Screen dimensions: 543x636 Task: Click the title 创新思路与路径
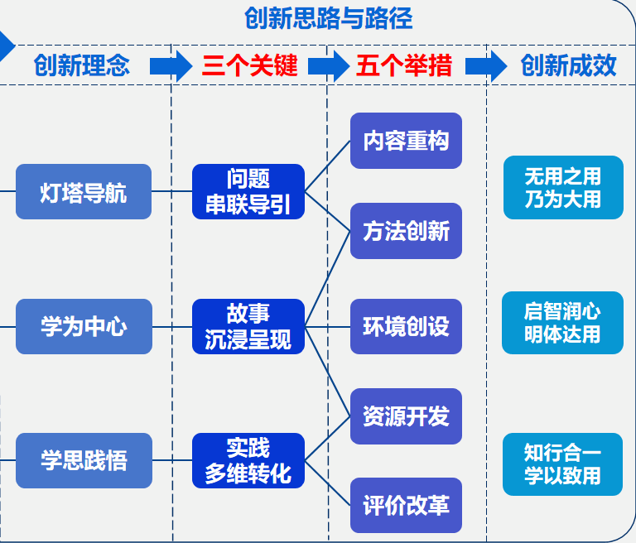coord(329,17)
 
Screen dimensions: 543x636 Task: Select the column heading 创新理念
coord(82,65)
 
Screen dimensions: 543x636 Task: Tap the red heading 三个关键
coord(249,65)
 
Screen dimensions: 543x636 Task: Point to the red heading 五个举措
coord(405,65)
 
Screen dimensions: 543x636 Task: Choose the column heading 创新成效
coord(569,65)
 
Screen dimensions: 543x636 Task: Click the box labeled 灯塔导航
coord(84,192)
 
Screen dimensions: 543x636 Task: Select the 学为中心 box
coord(84,326)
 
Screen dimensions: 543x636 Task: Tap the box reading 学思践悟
coord(84,460)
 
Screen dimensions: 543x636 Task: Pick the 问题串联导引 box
coord(248,192)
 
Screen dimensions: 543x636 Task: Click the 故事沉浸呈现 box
coord(248,326)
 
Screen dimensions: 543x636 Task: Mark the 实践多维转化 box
coord(248,460)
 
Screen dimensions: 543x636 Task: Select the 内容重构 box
coord(406,141)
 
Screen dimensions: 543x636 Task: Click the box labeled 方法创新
coord(406,231)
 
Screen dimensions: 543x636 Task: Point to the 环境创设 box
coord(406,326)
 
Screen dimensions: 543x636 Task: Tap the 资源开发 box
coord(406,416)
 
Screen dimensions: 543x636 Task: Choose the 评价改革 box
coord(406,505)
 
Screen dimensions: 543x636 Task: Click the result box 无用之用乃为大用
coord(563,188)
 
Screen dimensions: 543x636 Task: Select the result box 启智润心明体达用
coord(563,323)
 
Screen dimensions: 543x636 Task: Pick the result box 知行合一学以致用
coord(563,464)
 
